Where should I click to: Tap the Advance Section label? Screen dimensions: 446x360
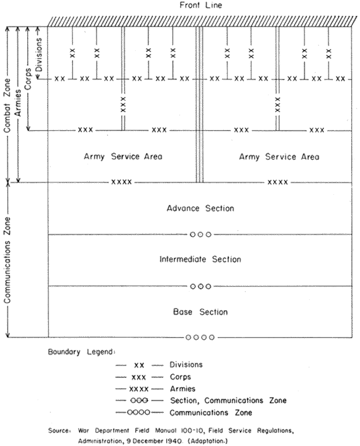pos(200,209)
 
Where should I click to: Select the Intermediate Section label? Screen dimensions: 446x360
pos(200,260)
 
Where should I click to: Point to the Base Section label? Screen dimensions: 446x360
pos(200,312)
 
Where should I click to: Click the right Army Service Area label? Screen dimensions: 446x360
pos(279,157)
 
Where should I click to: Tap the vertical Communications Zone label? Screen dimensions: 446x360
pos(7,260)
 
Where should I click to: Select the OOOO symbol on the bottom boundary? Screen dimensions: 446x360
pos(199,337)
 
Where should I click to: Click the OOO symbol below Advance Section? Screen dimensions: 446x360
pos(200,235)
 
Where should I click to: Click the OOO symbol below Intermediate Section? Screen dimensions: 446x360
pos(200,286)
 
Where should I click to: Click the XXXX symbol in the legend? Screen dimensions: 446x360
pos(139,389)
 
